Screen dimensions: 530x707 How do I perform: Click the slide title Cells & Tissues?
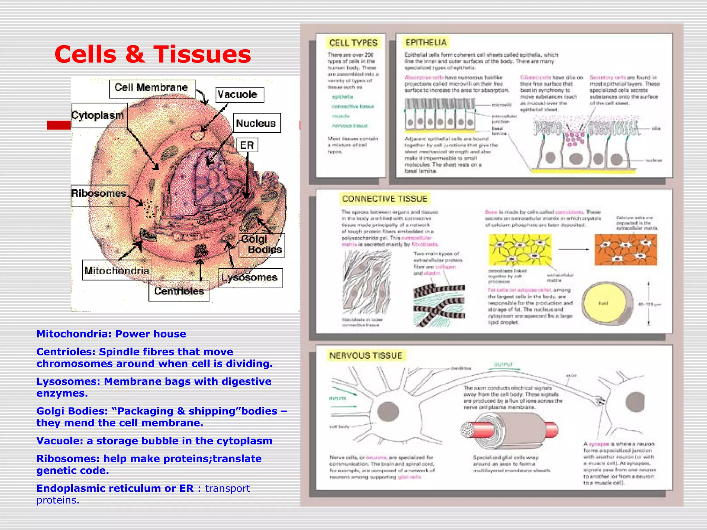(x=153, y=55)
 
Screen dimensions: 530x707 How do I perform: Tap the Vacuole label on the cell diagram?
(x=239, y=95)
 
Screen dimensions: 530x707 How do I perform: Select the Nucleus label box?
(x=256, y=123)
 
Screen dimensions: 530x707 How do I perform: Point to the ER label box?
(x=247, y=145)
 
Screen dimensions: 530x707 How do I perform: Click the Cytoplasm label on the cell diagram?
(x=98, y=115)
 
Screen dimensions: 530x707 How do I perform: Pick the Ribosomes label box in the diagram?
(x=99, y=194)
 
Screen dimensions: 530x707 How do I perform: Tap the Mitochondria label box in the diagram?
(x=117, y=271)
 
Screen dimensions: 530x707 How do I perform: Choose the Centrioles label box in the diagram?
(x=179, y=291)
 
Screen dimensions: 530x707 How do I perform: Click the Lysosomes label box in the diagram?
(x=250, y=278)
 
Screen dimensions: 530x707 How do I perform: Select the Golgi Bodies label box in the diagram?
(x=261, y=245)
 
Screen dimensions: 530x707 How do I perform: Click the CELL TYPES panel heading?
(x=353, y=43)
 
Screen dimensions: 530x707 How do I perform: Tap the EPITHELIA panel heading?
(x=426, y=43)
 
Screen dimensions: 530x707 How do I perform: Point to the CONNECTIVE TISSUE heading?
(x=385, y=199)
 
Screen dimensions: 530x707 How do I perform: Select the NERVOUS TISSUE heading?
(x=366, y=356)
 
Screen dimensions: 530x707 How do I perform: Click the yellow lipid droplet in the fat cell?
(x=603, y=303)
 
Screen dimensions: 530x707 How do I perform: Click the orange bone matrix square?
(x=626, y=249)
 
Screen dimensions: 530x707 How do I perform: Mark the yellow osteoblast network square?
(x=520, y=250)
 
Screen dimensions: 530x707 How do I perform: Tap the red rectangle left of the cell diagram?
(x=59, y=125)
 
